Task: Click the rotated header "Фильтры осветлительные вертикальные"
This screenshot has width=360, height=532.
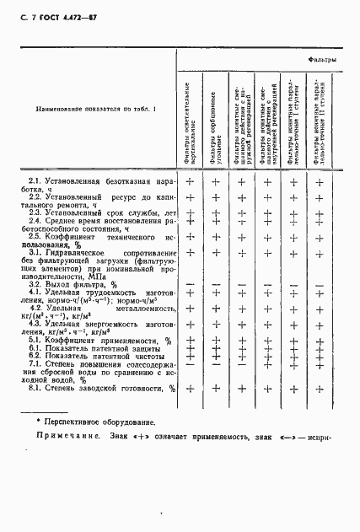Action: coord(191,122)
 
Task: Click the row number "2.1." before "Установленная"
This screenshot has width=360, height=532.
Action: coord(35,182)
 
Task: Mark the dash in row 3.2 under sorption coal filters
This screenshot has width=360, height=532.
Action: coord(216,284)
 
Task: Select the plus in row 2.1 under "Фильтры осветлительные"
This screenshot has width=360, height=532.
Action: coord(191,182)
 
